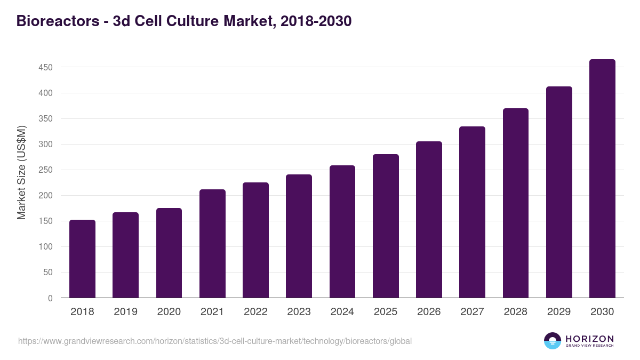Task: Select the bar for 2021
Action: (x=212, y=244)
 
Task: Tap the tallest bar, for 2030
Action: (x=602, y=179)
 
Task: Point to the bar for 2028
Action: (x=516, y=203)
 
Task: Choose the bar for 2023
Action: (x=299, y=236)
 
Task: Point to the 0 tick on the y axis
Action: (x=50, y=298)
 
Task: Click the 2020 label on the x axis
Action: (x=169, y=312)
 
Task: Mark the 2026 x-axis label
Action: (x=429, y=312)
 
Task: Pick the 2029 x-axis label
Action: (x=559, y=312)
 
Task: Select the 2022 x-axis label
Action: (x=255, y=312)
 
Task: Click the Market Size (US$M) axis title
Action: (x=21, y=172)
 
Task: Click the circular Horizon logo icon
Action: (x=553, y=341)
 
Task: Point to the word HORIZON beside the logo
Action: (x=589, y=338)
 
